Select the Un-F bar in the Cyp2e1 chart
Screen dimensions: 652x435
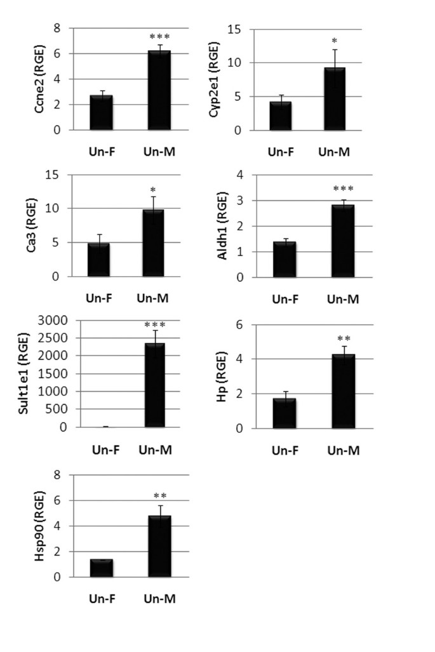click(x=280, y=116)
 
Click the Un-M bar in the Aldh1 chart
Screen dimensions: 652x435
click(x=343, y=241)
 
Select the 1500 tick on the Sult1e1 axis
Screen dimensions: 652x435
click(x=52, y=374)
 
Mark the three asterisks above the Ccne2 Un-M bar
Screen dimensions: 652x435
click(x=159, y=36)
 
